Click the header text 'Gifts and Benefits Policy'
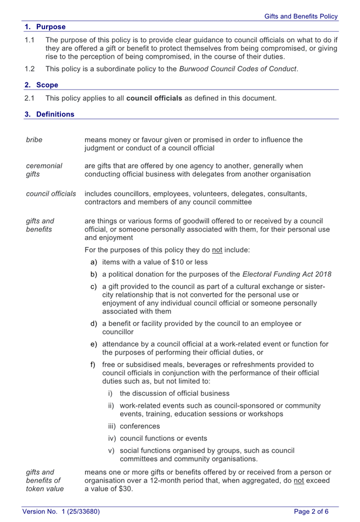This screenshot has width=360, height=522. tap(301, 16)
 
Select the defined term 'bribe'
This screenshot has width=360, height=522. tap(34, 139)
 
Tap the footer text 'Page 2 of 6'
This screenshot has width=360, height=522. tap(311, 512)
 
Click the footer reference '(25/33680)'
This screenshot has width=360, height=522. tap(80, 512)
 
